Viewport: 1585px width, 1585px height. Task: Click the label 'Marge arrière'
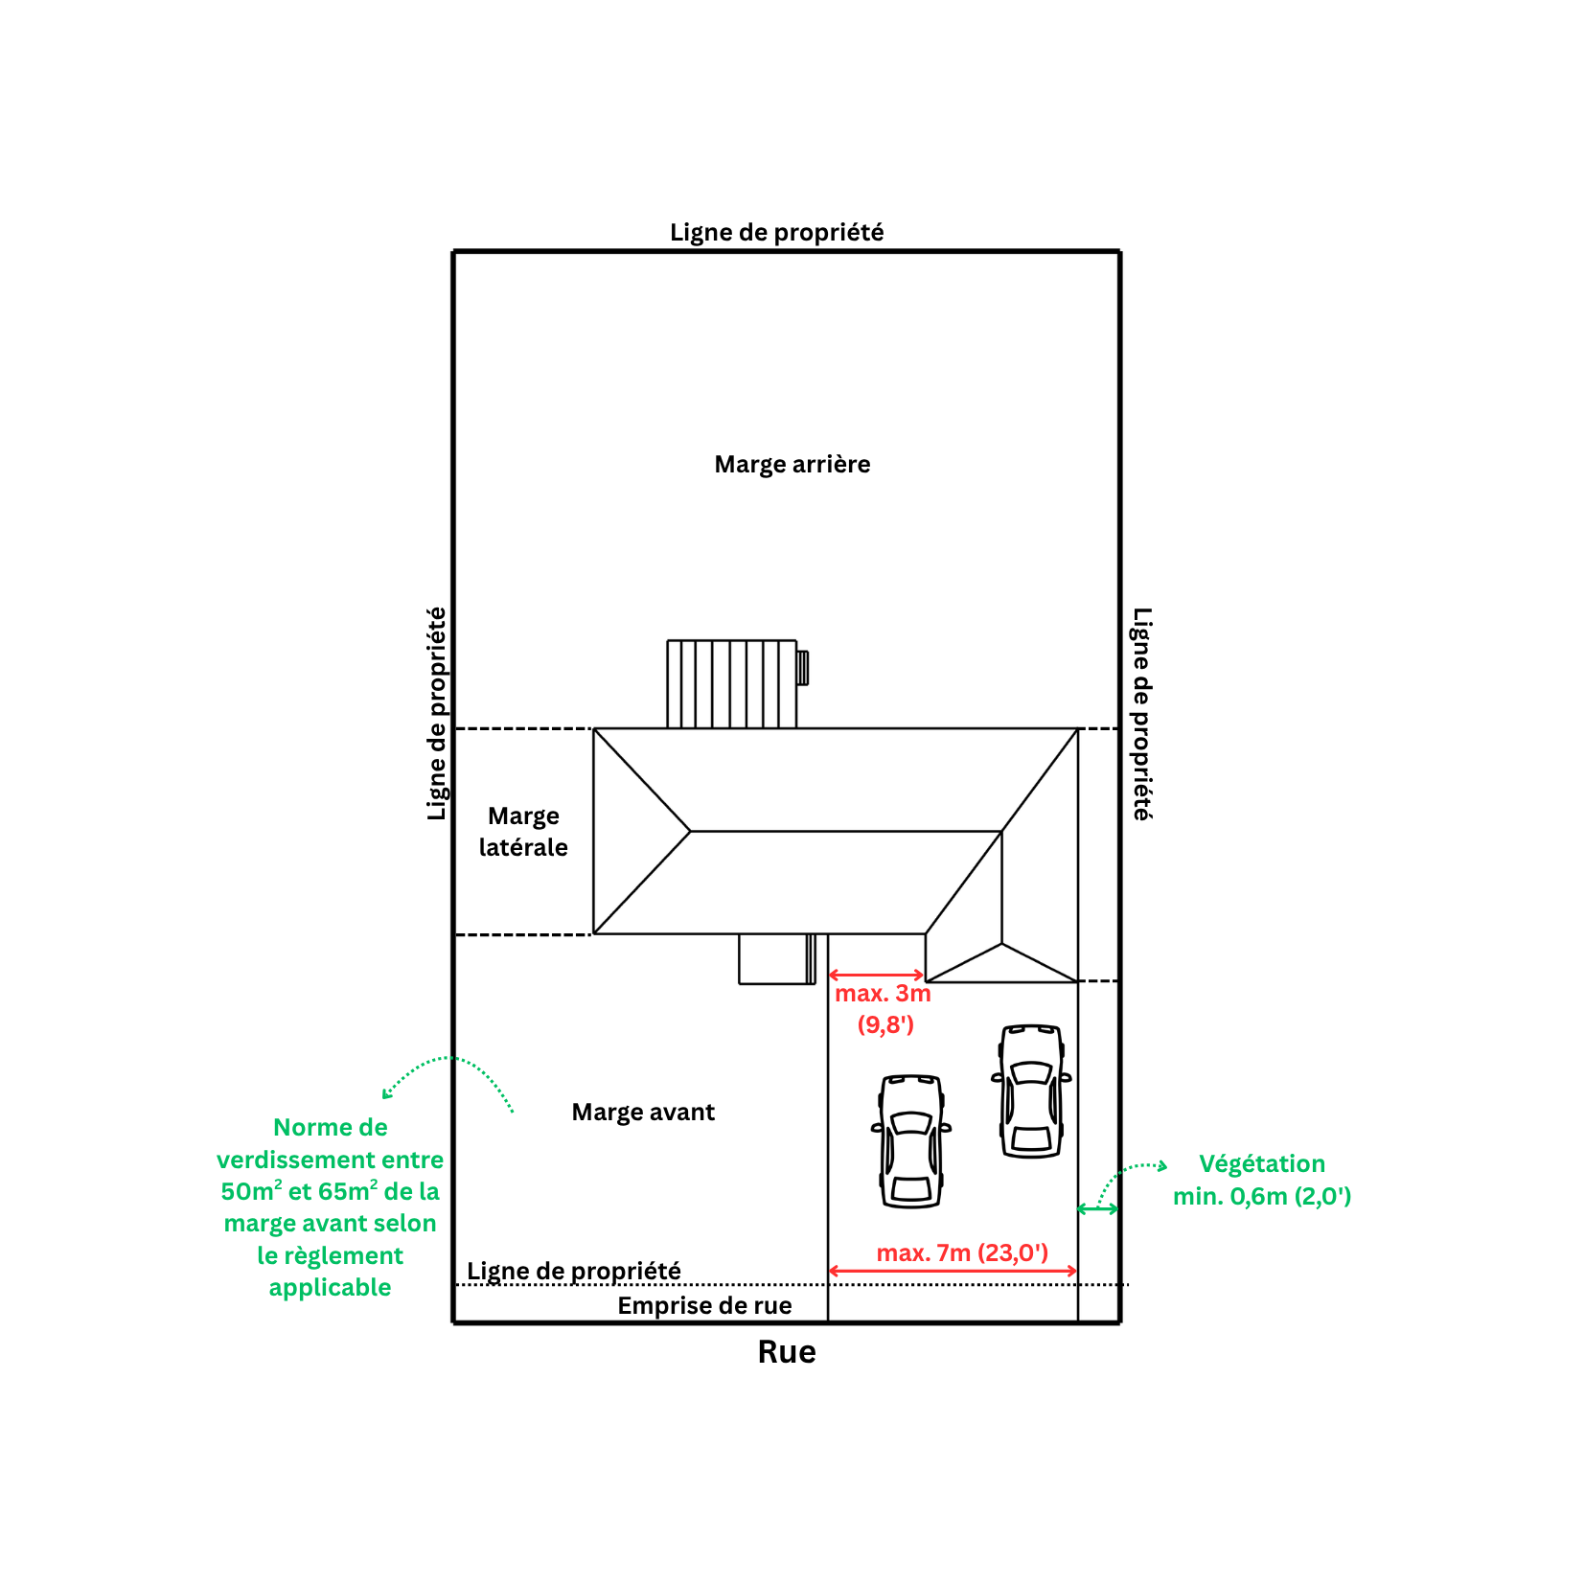(x=792, y=465)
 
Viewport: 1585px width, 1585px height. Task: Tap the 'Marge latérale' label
(x=523, y=832)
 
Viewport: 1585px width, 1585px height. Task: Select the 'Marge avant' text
(x=643, y=1113)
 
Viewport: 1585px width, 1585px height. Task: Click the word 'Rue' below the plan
(x=787, y=1352)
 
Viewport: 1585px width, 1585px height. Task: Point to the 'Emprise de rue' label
(x=704, y=1306)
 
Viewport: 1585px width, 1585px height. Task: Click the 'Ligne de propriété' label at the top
(x=776, y=233)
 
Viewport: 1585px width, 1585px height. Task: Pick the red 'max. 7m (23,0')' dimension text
(x=962, y=1252)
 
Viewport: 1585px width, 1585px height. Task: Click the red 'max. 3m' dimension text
(x=883, y=994)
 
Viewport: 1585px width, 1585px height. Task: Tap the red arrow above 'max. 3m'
(x=876, y=976)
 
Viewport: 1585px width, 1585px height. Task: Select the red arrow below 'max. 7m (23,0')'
(x=953, y=1272)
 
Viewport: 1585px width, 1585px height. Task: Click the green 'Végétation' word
(x=1262, y=1164)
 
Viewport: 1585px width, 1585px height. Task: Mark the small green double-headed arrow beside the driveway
(x=1098, y=1209)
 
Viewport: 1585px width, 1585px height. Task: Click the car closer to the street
(x=911, y=1140)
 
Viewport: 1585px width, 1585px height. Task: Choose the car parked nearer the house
(x=1032, y=1091)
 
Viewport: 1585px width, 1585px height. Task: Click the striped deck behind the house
(x=731, y=684)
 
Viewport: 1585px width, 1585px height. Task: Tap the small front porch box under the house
(x=776, y=959)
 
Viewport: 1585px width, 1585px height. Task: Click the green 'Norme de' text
(x=331, y=1128)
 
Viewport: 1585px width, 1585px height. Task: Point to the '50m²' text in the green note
(x=251, y=1191)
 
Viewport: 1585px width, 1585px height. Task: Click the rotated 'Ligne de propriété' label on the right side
(x=1142, y=714)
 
